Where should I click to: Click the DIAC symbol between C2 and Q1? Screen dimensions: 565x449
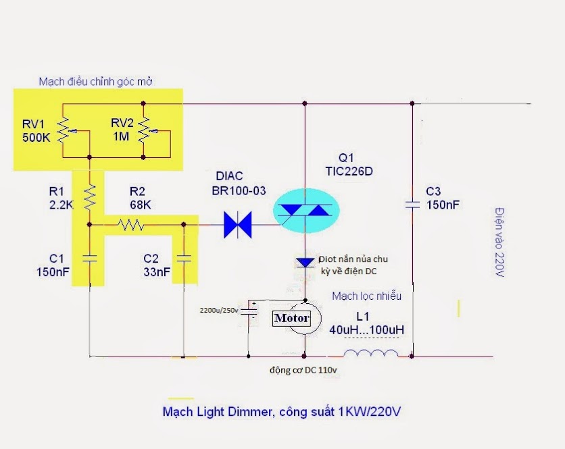pos(237,225)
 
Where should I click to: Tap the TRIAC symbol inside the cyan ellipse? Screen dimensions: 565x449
pos(305,210)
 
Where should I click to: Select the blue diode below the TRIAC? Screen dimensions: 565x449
pos(305,263)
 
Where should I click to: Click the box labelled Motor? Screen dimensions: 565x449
pos(291,318)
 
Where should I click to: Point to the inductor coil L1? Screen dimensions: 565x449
pos(371,354)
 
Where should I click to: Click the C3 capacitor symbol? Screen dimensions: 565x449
pos(412,205)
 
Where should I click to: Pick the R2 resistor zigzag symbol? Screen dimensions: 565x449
pos(131,225)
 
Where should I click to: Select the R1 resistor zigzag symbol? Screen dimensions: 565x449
pos(90,197)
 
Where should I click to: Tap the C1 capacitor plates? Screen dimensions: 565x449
pos(90,258)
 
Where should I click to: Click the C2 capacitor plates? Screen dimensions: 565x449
pos(184,258)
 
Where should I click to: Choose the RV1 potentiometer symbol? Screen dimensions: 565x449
pos(67,130)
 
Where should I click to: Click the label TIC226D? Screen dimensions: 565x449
pos(349,171)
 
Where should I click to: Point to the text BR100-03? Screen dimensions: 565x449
pos(239,190)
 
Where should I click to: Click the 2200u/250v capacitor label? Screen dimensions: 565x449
pos(219,310)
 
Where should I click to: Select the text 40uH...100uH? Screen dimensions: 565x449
pos(366,329)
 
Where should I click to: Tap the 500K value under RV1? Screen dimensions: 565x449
pos(36,138)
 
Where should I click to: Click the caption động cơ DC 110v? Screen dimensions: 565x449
pos(303,370)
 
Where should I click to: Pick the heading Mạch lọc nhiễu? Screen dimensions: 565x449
pos(366,296)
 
